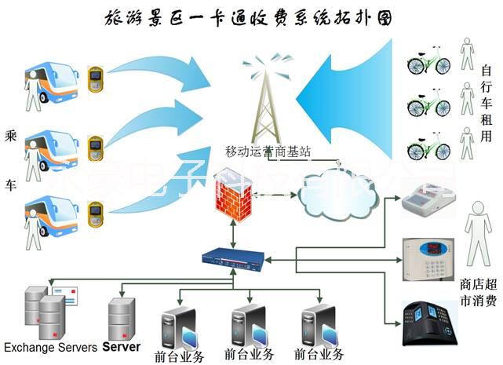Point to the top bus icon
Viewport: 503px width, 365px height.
coord(55,75)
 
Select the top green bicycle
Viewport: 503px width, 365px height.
coord(428,60)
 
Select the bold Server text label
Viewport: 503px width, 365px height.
coord(122,346)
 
